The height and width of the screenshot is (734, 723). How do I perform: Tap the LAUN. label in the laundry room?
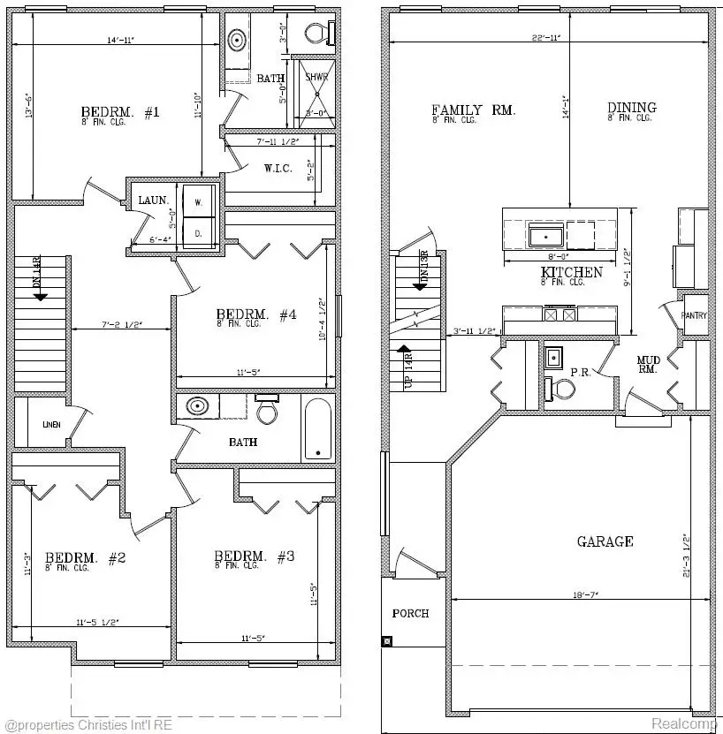click(x=152, y=201)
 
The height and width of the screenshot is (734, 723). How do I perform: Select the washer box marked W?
click(x=199, y=202)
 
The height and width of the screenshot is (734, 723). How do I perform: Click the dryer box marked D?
click(x=199, y=234)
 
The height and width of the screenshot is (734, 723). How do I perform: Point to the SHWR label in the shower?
click(x=316, y=78)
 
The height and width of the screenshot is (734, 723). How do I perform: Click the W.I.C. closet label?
click(x=278, y=168)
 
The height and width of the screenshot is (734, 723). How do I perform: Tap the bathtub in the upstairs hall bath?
click(x=317, y=428)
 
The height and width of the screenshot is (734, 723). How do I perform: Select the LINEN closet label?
click(x=51, y=425)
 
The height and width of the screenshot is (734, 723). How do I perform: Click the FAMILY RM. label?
click(x=473, y=110)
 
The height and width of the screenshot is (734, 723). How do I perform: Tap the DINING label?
click(x=632, y=109)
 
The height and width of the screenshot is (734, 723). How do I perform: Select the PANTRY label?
click(x=694, y=315)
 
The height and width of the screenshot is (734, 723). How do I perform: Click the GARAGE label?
click(x=605, y=541)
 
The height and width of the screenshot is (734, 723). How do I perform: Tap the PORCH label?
click(x=411, y=613)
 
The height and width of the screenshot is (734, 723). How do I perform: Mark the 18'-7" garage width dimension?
click(x=586, y=595)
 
